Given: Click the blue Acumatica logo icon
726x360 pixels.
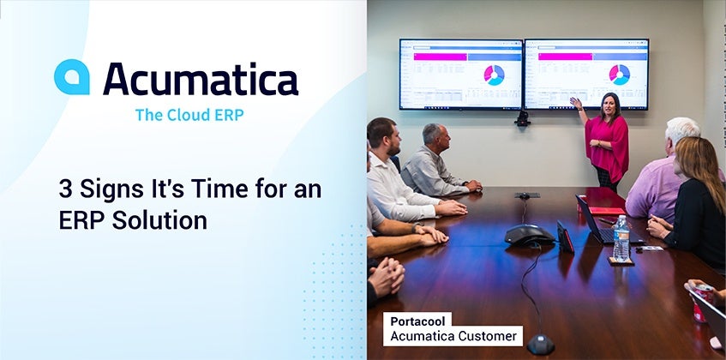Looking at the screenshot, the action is tap(72, 77).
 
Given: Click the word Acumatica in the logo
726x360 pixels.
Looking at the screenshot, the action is tap(201, 79).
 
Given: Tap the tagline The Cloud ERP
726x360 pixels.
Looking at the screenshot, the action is tap(189, 115).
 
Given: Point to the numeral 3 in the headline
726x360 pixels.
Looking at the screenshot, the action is tap(66, 189).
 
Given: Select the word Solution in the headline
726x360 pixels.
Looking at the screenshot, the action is tap(159, 220).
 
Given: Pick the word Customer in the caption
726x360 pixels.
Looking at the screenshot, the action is tap(491, 336).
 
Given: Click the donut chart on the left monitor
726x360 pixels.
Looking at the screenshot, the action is tap(494, 75).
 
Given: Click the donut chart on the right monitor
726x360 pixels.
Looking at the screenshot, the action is tap(620, 75).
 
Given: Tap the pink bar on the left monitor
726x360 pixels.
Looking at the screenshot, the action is tap(440, 57).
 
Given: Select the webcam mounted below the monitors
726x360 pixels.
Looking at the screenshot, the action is tap(523, 118).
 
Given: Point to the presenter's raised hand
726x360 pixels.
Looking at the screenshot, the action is tap(575, 102).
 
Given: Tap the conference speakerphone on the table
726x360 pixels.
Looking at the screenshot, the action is tap(529, 235).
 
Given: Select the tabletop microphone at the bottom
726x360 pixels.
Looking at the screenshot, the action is tap(540, 344).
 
